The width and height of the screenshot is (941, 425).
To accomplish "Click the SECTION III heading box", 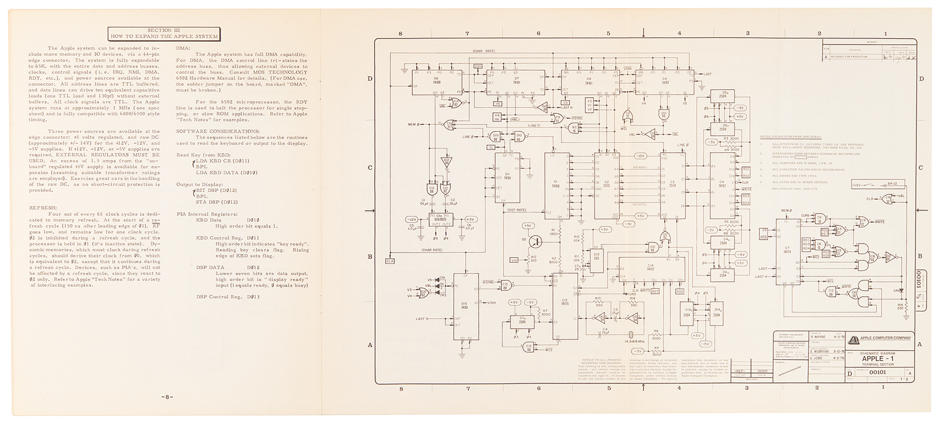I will coord(164,33).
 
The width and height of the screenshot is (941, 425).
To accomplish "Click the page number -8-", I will coord(167,397).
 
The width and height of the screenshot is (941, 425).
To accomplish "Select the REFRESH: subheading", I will coord(43,207).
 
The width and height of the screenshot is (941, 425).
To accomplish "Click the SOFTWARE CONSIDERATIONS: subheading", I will coord(217,131).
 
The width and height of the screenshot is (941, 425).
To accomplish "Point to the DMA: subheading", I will coord(183,48).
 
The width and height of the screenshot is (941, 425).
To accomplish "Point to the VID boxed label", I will coord(514,260).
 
